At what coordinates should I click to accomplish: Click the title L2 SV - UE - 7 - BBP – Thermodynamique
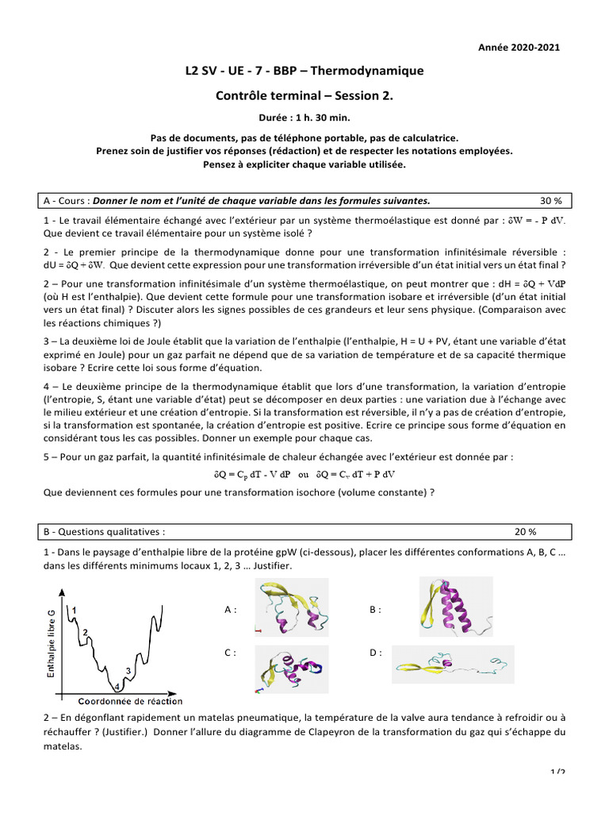coord(304,71)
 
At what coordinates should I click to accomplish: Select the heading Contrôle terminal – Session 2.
coord(304,96)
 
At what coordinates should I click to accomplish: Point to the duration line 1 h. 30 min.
coord(304,118)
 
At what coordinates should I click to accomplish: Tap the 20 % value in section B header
coord(525,531)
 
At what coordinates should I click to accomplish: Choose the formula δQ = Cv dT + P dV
coord(355,474)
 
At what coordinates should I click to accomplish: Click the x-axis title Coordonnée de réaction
coord(130,701)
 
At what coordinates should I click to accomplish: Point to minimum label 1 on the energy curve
coord(74,609)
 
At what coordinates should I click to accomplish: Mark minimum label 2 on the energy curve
coord(86,631)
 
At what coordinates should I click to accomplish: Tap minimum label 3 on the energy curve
coord(128,671)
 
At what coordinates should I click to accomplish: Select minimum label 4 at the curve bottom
coord(117,686)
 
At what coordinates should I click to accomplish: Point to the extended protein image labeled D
coord(453,665)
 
